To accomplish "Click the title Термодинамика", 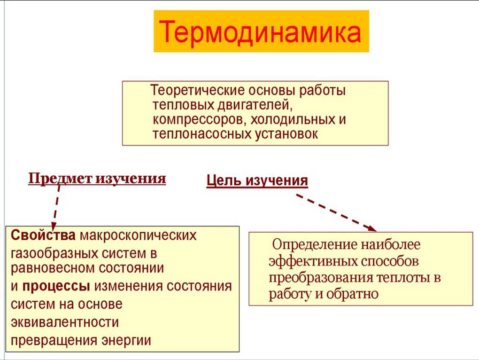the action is pyautogui.click(x=260, y=32).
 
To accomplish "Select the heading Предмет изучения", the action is pyautogui.click(x=97, y=179).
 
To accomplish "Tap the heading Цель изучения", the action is pyautogui.click(x=257, y=180).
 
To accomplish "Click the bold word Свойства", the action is pyautogui.click(x=43, y=235).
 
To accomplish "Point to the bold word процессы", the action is pyautogui.click(x=56, y=287).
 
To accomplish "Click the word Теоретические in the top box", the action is pyautogui.click(x=198, y=90).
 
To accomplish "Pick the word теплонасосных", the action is pyautogui.click(x=201, y=134).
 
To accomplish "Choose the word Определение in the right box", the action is pyautogui.click(x=315, y=244).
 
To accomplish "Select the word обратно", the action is pyautogui.click(x=352, y=294).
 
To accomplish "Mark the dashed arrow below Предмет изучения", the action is pyautogui.click(x=55, y=208).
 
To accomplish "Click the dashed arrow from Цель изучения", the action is pyautogui.click(x=336, y=212).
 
